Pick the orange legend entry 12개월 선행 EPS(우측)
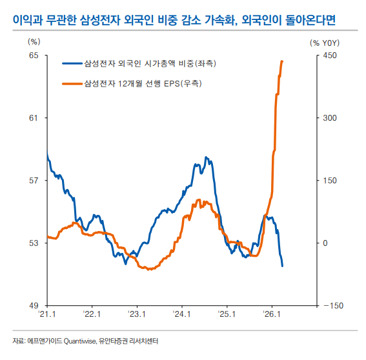(x=143, y=84)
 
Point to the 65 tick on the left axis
(x=34, y=55)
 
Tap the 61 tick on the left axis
(x=34, y=118)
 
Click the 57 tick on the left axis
(x=34, y=181)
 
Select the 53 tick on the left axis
(x=34, y=243)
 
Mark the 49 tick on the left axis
(x=34, y=306)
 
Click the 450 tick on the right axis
(x=329, y=55)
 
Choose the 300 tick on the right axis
(x=329, y=118)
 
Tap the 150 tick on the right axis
(x=329, y=181)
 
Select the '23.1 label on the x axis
(x=137, y=315)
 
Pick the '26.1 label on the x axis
(x=271, y=315)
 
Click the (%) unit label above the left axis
(x=34, y=41)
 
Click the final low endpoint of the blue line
(x=282, y=266)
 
